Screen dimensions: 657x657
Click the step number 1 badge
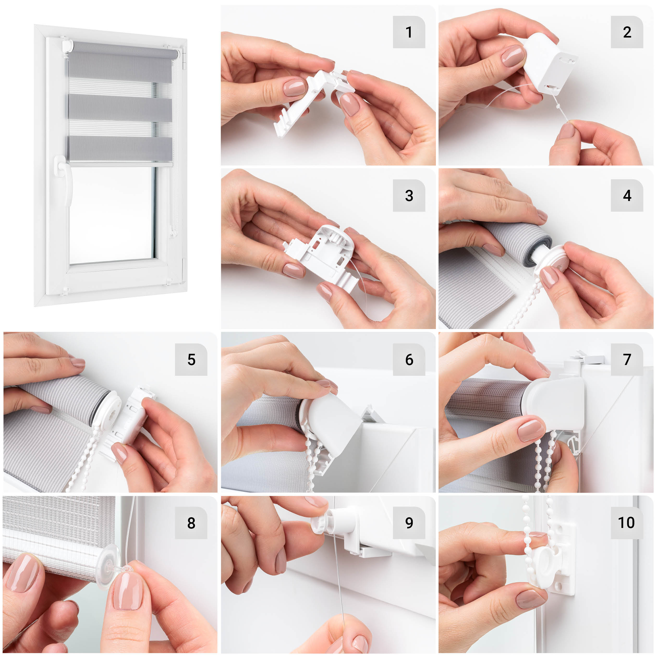[409, 32]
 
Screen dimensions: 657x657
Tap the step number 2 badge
[627, 32]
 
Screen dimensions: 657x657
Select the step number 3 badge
[409, 196]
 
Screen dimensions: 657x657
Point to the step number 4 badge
[627, 196]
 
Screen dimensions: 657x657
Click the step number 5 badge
[191, 360]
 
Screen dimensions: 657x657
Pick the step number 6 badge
[409, 360]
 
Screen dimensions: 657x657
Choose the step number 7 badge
[627, 360]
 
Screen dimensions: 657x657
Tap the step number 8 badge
[191, 523]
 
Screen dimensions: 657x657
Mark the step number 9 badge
[409, 523]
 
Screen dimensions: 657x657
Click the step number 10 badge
[627, 523]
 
